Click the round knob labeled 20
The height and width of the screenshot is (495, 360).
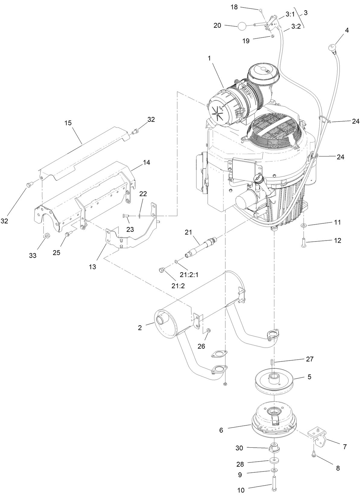coord(243,26)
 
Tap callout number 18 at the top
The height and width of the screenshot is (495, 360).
coord(234,7)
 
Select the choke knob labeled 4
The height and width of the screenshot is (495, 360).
coord(331,47)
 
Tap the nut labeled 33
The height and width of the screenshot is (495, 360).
coord(47,235)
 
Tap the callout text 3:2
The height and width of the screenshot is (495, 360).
coord(296,27)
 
